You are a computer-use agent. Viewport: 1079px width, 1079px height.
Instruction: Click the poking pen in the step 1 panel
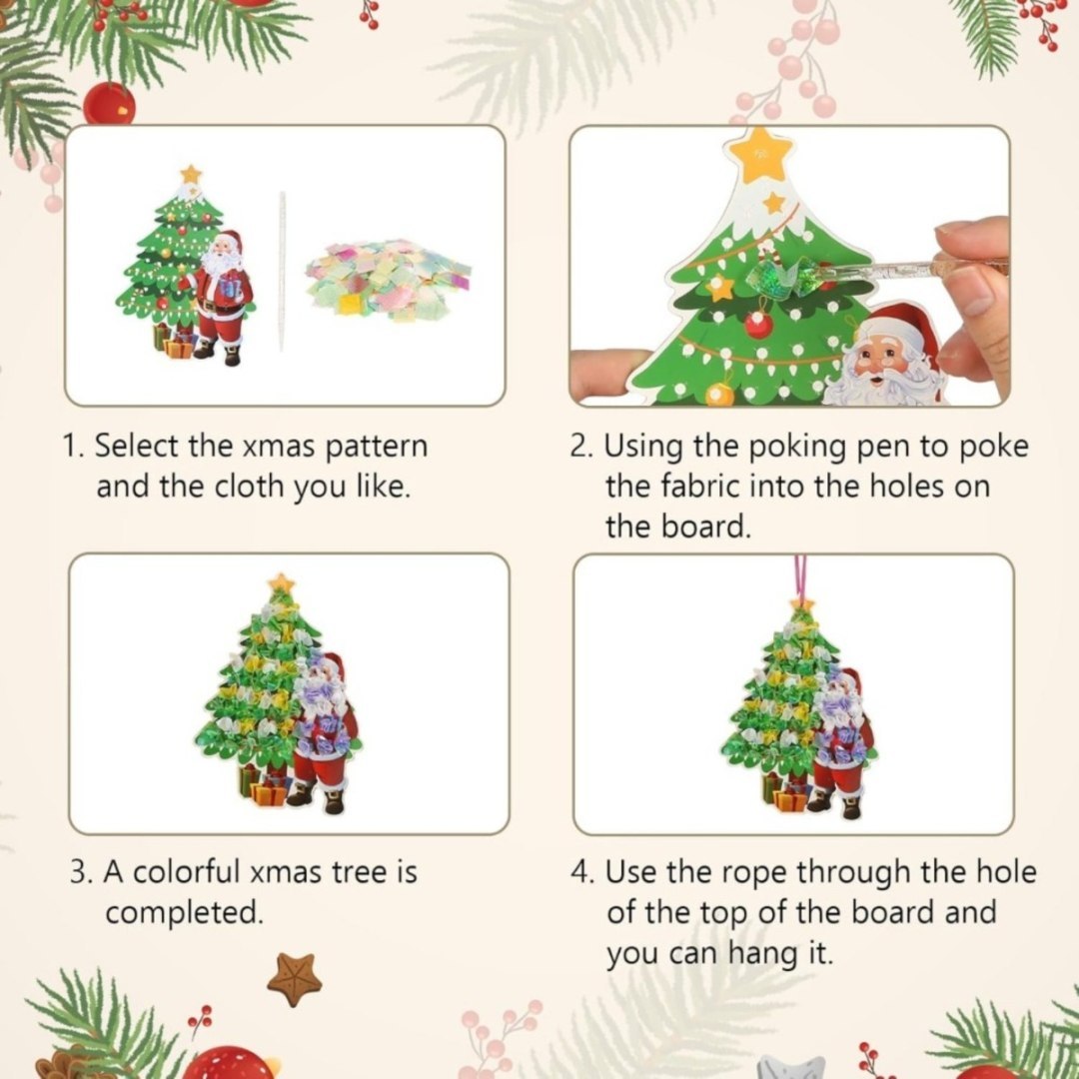[282, 270]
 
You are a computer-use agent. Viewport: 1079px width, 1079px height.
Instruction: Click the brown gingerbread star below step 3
[294, 977]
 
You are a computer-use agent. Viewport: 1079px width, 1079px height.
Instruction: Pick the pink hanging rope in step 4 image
[800, 576]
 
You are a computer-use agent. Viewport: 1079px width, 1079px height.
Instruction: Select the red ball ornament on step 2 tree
[757, 324]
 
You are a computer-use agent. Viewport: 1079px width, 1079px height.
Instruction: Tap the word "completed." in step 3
[185, 913]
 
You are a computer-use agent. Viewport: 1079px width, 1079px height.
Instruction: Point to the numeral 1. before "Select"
[74, 446]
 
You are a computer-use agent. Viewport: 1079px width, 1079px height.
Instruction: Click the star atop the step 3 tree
[281, 583]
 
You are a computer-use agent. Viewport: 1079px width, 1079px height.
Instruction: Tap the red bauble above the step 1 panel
[109, 105]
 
